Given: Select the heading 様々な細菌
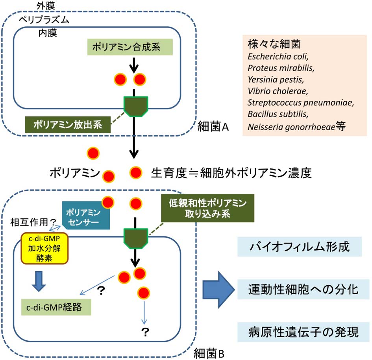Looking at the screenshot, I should [268, 43].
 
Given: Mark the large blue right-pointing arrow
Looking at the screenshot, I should [218, 291].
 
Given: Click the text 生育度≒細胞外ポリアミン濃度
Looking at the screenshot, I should [231, 173].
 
